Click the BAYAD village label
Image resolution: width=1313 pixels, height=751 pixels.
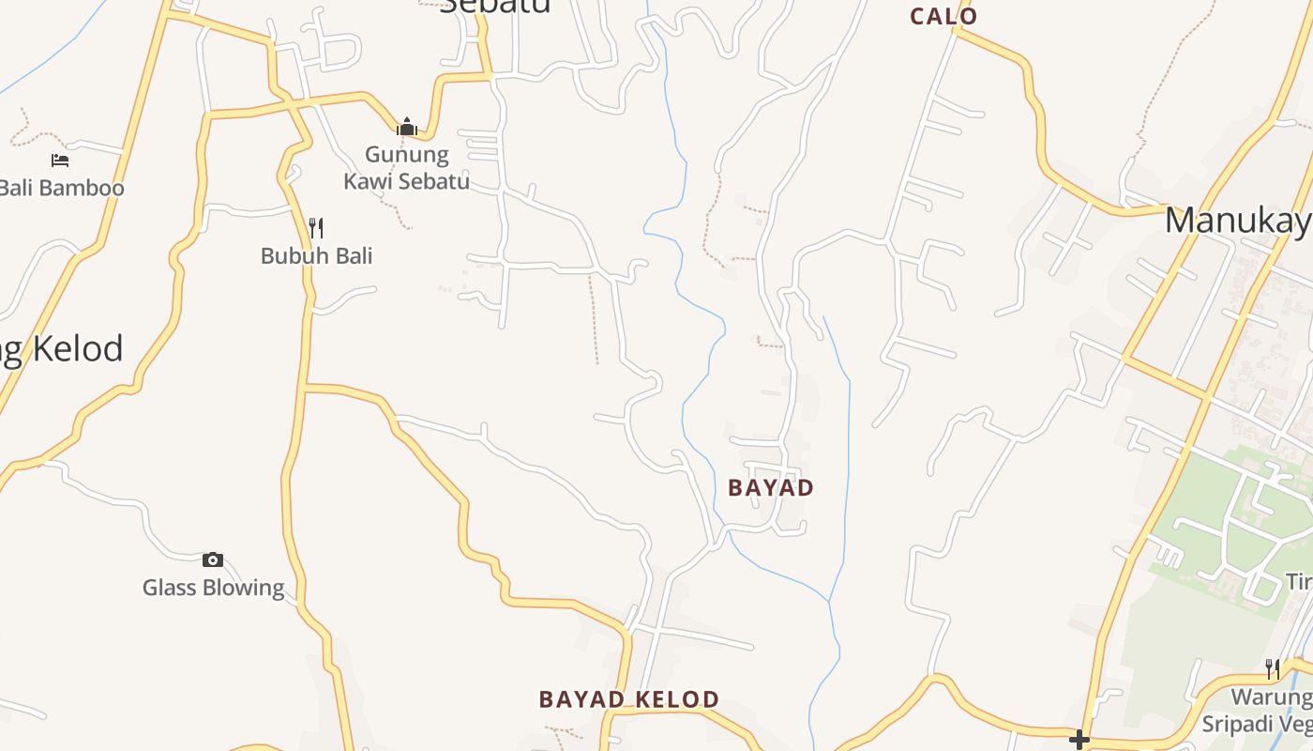click(771, 488)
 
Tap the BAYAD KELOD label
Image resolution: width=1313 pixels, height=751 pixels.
click(628, 699)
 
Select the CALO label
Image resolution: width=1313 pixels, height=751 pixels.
click(943, 16)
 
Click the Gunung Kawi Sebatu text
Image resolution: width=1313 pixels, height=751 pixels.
click(407, 167)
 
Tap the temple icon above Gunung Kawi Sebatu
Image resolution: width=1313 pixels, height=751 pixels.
click(407, 127)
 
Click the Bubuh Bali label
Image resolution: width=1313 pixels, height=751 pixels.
click(316, 255)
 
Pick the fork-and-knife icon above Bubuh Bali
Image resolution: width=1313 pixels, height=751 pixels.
click(316, 228)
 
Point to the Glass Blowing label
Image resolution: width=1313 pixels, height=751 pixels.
click(213, 588)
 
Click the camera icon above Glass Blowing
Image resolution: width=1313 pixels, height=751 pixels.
click(213, 559)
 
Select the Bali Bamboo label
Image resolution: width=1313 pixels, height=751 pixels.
click(62, 188)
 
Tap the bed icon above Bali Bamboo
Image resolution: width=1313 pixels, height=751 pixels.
click(60, 160)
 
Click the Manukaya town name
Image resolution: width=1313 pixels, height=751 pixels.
click(1238, 221)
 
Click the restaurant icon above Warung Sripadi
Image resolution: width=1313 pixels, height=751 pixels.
click(1273, 668)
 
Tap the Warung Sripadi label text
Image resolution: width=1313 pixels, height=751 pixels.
click(1271, 711)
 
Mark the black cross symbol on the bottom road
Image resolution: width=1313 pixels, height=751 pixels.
click(1079, 740)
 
